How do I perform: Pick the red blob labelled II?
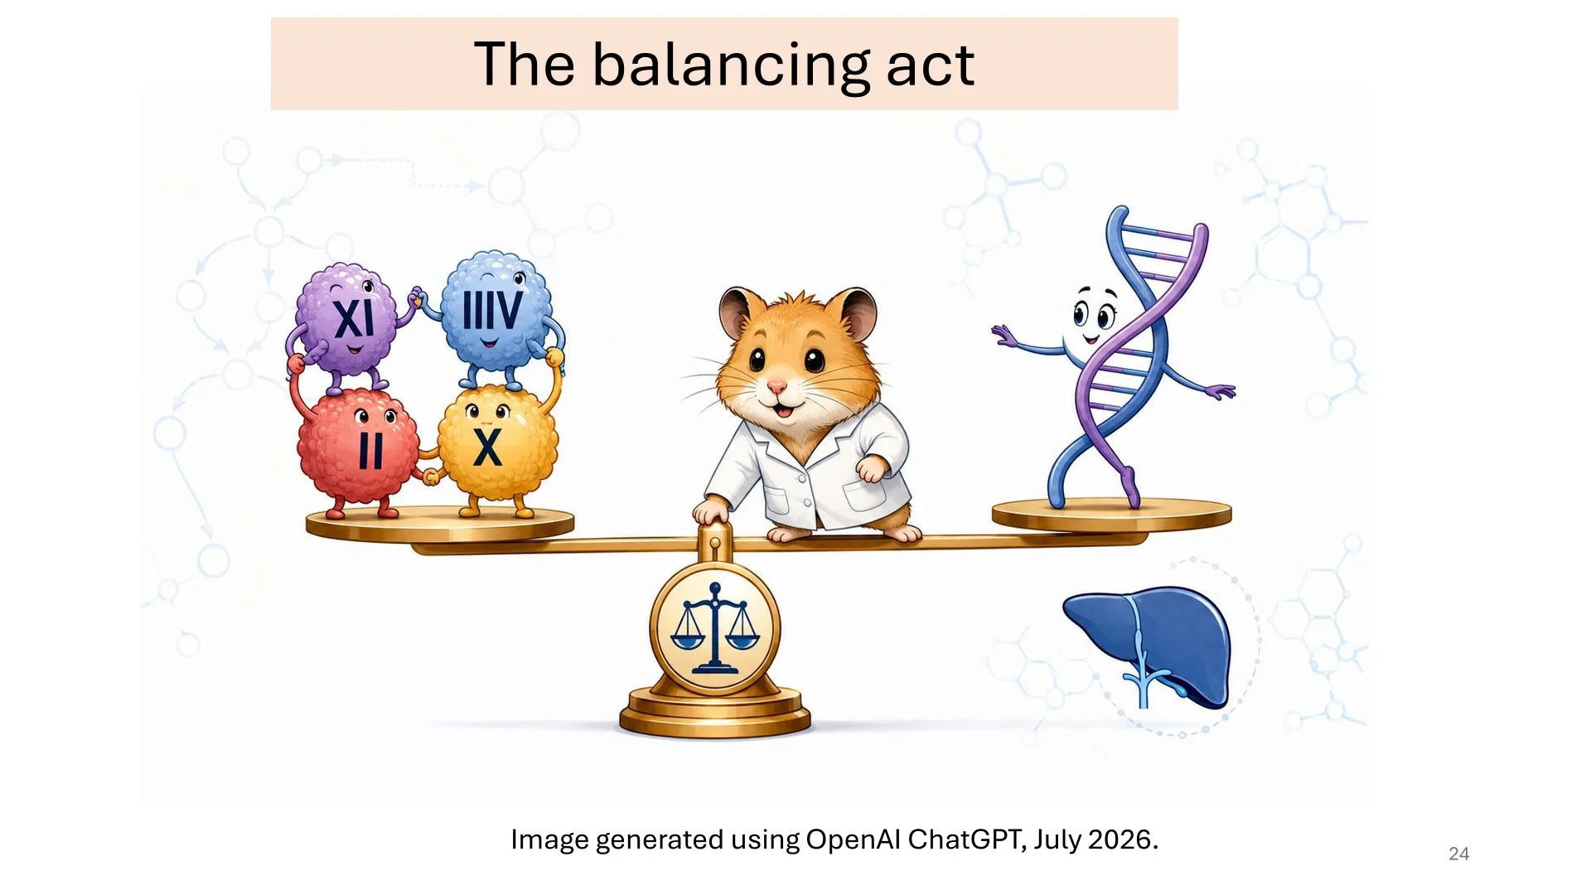[x=358, y=447]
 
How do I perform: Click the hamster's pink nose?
[x=776, y=387]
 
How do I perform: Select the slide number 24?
[x=1458, y=854]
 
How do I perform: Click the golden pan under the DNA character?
[x=1111, y=515]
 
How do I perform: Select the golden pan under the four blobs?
[x=440, y=524]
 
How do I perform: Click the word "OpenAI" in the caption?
[x=853, y=839]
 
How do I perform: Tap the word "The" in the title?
[x=524, y=64]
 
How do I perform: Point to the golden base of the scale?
[x=715, y=713]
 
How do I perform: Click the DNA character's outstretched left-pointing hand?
[x=1004, y=335]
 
